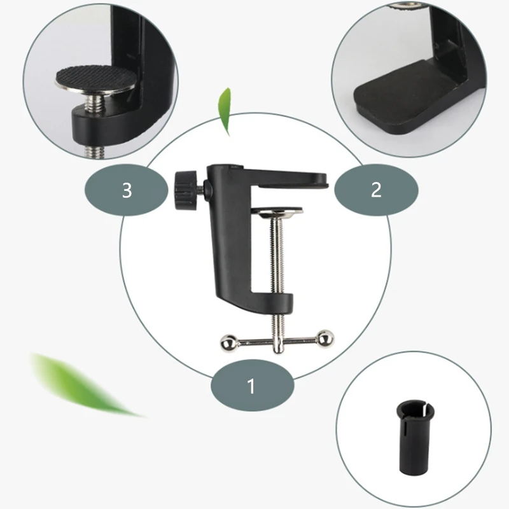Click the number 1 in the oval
tap(251, 386)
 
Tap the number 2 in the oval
tap(376, 190)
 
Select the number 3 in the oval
tap(127, 190)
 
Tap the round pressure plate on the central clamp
tap(278, 211)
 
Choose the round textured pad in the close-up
tap(95, 80)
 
